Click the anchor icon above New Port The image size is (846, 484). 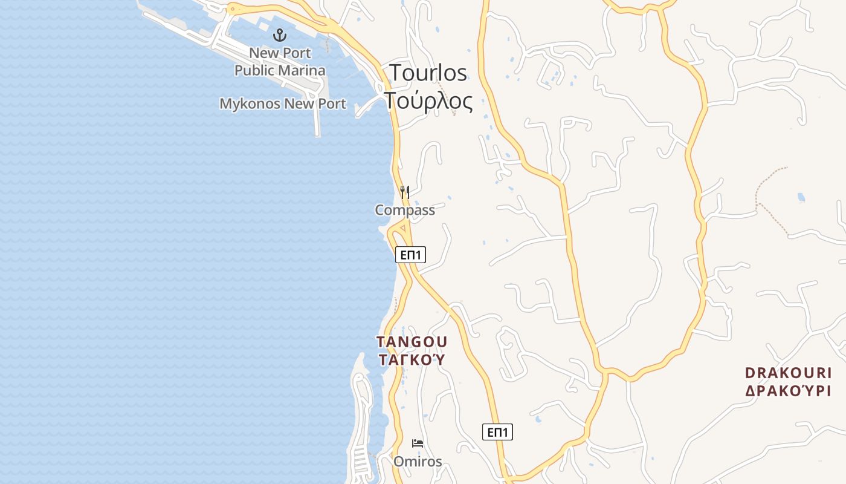point(279,34)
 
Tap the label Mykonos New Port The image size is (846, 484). point(282,104)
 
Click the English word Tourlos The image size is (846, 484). point(428,73)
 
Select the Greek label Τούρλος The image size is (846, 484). point(428,100)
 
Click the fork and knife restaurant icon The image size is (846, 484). point(405,192)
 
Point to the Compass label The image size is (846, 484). point(405,211)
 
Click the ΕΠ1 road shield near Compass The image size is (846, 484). point(410,255)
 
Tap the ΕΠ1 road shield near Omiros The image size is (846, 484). point(497,432)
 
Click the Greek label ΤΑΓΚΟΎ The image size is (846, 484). point(412,360)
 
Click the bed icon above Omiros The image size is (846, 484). point(417,443)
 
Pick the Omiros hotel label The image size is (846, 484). point(418,462)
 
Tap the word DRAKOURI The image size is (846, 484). point(788,373)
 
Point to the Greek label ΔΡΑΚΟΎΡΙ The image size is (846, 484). point(788,391)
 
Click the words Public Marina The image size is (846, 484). point(280,71)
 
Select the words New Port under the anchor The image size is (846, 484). point(280,53)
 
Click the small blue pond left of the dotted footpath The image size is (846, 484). point(801,197)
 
